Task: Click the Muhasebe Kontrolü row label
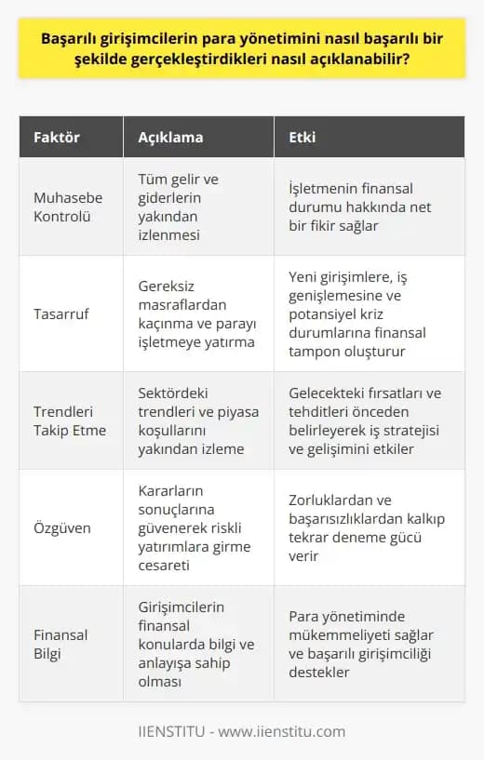68,207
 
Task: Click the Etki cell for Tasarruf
366,313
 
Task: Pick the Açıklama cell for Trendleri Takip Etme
194,420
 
